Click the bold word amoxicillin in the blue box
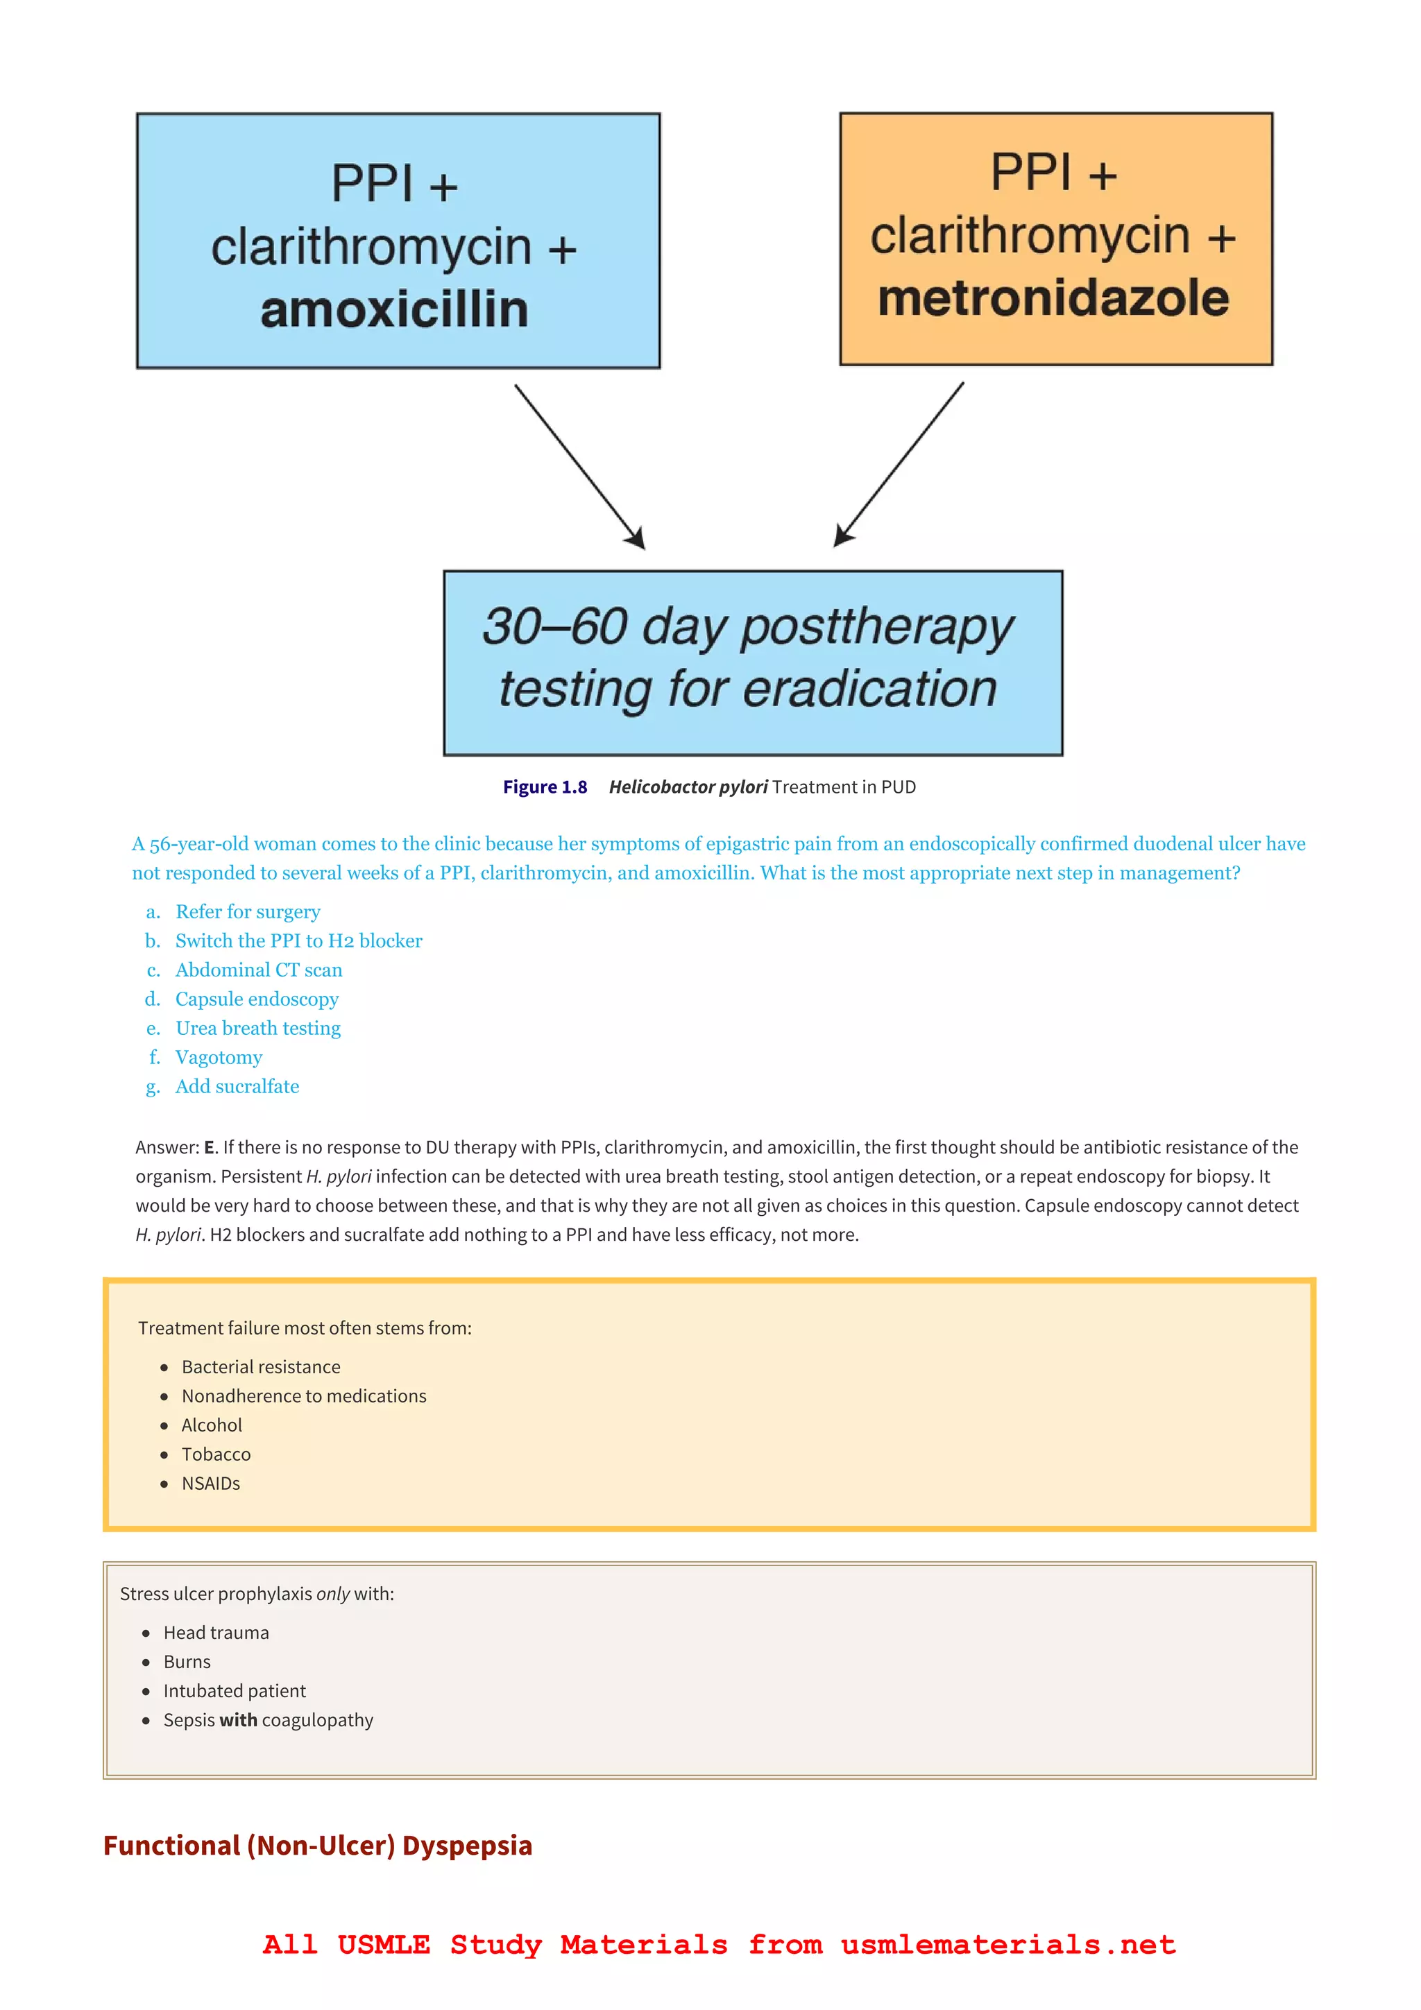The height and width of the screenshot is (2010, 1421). [394, 311]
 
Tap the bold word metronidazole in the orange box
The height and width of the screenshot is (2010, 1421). [1053, 298]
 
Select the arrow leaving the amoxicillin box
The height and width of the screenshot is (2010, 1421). [579, 467]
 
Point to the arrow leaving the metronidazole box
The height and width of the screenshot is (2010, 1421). [899, 464]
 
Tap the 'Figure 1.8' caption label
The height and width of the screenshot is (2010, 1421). [545, 787]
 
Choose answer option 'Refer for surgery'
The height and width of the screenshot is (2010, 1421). [248, 912]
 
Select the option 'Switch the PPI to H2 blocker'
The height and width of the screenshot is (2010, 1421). [298, 941]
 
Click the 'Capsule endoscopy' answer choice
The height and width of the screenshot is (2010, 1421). [257, 999]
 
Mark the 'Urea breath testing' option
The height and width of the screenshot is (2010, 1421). [257, 1029]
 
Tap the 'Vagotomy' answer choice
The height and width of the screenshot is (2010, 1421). [219, 1058]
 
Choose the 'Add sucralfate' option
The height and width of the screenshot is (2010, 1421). [237, 1086]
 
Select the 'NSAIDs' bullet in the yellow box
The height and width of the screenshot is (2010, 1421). [211, 1484]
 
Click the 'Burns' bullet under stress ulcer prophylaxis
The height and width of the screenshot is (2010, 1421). [187, 1663]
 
